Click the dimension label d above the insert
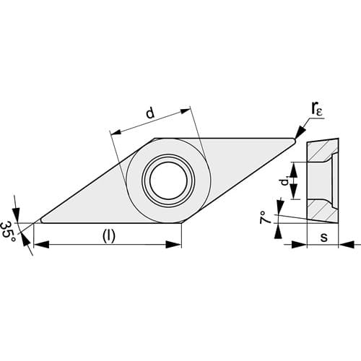pyautogui.click(x=150, y=113)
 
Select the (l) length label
pyautogui.click(x=109, y=236)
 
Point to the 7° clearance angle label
pyautogui.click(x=264, y=217)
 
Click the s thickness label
pyautogui.click(x=324, y=237)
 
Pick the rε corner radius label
pyautogui.click(x=316, y=110)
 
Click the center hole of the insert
pyautogui.click(x=168, y=180)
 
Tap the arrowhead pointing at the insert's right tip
pyautogui.click(x=300, y=132)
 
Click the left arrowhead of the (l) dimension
pyautogui.click(x=41, y=245)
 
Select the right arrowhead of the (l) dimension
pyautogui.click(x=173, y=245)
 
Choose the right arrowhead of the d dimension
pyautogui.click(x=185, y=111)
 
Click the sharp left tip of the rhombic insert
pyautogui.click(x=33, y=223)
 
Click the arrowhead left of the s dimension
pyautogui.click(x=299, y=245)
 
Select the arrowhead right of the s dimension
pyautogui.click(x=347, y=245)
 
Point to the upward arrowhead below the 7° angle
pyautogui.click(x=279, y=231)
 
